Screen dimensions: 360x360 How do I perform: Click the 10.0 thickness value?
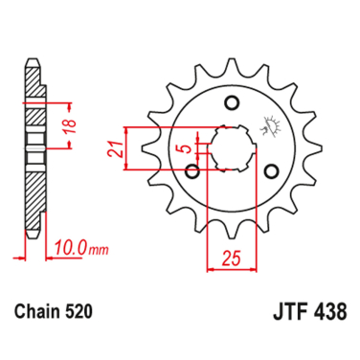[70, 247]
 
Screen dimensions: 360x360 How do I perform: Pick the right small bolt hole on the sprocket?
[272, 171]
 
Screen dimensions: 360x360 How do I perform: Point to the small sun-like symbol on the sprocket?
[264, 124]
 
